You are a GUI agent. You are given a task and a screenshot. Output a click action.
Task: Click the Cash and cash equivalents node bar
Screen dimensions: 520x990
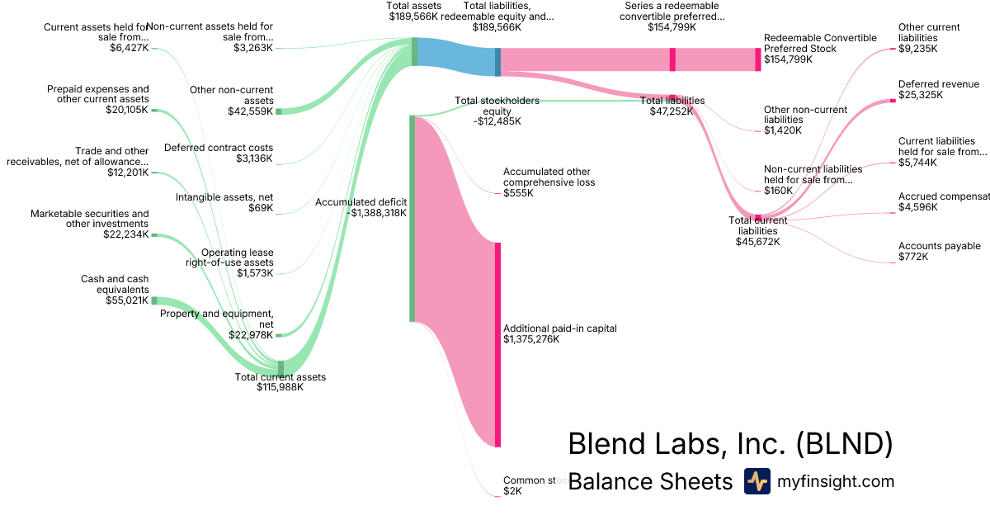(153, 300)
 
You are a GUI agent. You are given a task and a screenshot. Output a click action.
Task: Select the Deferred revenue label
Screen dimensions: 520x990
(938, 84)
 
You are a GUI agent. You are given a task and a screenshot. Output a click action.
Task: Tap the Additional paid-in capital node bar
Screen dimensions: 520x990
(497, 344)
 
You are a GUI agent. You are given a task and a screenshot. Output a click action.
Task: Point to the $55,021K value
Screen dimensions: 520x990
(128, 300)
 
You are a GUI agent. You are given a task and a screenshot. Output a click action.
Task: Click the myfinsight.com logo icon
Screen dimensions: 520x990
(757, 481)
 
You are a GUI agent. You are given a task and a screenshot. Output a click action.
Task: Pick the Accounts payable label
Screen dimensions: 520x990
(939, 246)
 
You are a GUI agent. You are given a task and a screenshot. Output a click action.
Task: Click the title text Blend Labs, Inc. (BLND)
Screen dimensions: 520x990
(730, 443)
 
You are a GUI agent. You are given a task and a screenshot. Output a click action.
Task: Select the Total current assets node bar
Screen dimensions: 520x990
(280, 366)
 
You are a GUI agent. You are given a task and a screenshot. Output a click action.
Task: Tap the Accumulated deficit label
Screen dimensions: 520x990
(361, 201)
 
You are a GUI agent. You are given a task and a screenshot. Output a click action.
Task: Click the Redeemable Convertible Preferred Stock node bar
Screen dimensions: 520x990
(758, 59)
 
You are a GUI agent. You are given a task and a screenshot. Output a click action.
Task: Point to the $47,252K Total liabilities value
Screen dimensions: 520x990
(672, 111)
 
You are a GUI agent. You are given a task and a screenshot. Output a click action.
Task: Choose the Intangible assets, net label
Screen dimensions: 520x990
(224, 197)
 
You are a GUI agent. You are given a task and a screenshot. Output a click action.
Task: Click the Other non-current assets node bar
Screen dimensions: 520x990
(279, 111)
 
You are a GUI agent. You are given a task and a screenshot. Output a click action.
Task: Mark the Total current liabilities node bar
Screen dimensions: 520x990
(758, 217)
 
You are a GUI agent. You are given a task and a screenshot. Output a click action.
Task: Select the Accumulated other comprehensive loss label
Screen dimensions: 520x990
(549, 177)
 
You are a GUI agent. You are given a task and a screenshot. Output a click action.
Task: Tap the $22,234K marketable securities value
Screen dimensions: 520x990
(128, 234)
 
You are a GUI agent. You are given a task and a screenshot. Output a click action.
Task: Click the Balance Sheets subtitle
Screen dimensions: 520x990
(650, 481)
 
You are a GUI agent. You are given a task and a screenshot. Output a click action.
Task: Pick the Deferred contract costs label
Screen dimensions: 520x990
(219, 148)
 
